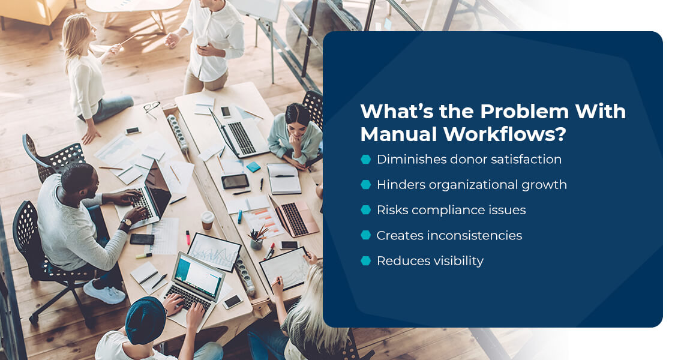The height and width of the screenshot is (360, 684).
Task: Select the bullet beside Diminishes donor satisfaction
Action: pyautogui.click(x=365, y=159)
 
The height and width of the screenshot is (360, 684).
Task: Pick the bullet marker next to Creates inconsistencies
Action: pyautogui.click(x=365, y=235)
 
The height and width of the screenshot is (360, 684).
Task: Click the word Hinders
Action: pyautogui.click(x=398, y=185)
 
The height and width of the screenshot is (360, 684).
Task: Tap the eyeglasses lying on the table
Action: pyautogui.click(x=151, y=107)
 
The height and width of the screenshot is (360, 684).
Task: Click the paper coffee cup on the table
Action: pyautogui.click(x=207, y=220)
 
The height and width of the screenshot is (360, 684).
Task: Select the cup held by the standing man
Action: pyautogui.click(x=203, y=43)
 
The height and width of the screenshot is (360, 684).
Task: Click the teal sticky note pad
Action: pyautogui.click(x=254, y=167)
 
